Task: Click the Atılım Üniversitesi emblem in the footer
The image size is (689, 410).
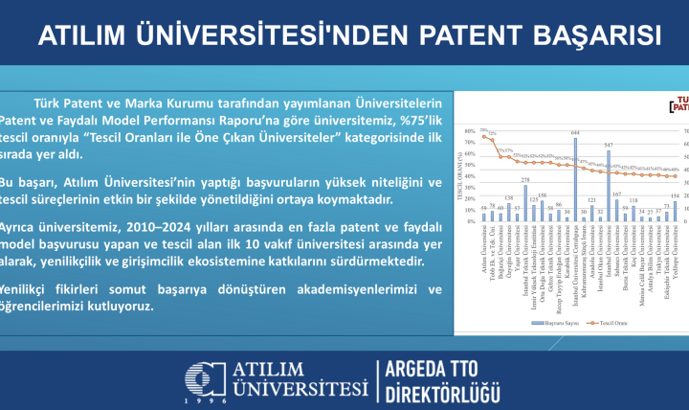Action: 205,380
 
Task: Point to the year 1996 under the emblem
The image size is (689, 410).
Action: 206,402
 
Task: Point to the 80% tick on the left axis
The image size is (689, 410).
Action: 470,130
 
